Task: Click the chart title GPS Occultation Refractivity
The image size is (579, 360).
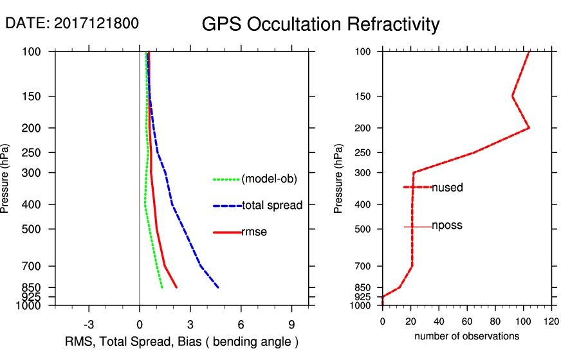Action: [320, 24]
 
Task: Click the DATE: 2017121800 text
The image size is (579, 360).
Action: [71, 23]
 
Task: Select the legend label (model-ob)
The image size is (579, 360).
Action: [269, 179]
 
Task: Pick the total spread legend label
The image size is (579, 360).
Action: [272, 206]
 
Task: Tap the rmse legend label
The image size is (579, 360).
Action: [254, 232]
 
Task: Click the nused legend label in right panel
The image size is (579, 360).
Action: [447, 188]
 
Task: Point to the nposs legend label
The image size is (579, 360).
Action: [447, 226]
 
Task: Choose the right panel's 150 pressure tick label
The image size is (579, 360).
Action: [365, 96]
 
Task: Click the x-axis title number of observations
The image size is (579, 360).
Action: [466, 336]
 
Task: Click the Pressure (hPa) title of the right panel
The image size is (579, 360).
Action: [338, 179]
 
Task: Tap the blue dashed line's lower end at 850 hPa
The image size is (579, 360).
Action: [219, 287]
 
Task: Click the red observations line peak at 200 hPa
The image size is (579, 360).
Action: [529, 128]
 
